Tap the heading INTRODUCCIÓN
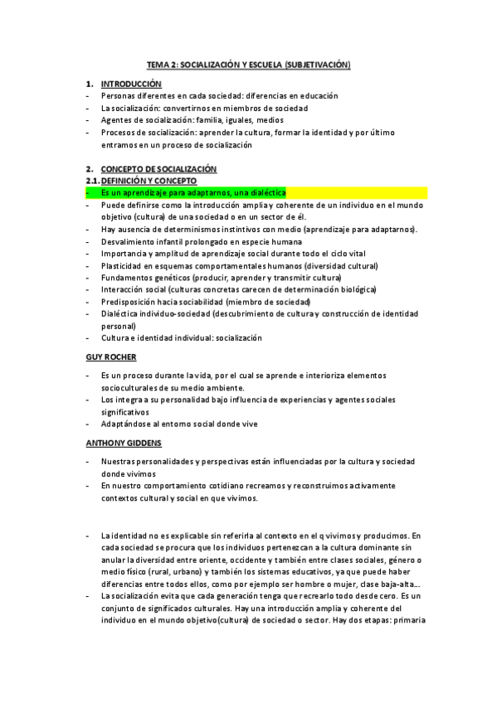tap(131, 85)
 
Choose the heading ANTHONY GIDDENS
tap(124, 443)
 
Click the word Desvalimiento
tap(128, 241)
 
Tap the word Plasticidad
tap(122, 265)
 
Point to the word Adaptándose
tap(127, 424)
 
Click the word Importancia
tap(124, 254)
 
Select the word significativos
tap(125, 411)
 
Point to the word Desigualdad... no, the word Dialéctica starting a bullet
tap(123, 314)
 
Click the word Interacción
tap(124, 290)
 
